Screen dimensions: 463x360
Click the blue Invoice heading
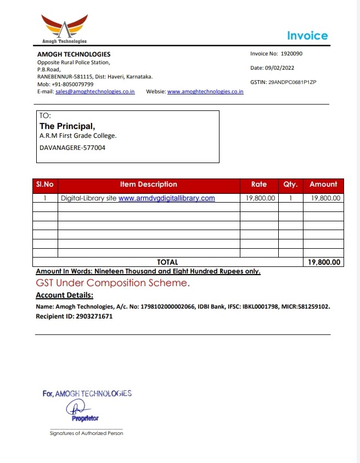pyautogui.click(x=307, y=36)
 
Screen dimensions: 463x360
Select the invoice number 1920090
pyautogui.click(x=291, y=54)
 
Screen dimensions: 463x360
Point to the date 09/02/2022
pyautogui.click(x=280, y=68)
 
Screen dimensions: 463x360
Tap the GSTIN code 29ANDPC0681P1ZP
pyautogui.click(x=292, y=82)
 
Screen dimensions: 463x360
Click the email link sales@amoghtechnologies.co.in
pyautogui.click(x=95, y=92)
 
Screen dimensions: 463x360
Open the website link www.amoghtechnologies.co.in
pyautogui.click(x=205, y=92)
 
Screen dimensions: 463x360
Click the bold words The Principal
pyautogui.click(x=71, y=126)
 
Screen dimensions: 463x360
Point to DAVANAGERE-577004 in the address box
pyautogui.click(x=72, y=148)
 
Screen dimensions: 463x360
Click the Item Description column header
pyautogui.click(x=149, y=185)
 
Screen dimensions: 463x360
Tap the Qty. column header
pyautogui.click(x=290, y=185)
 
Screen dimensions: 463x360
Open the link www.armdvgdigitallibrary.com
pyautogui.click(x=166, y=198)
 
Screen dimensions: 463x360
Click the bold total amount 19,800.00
pyautogui.click(x=324, y=263)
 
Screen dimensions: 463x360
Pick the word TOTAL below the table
pyautogui.click(x=167, y=263)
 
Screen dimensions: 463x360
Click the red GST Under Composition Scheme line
pyautogui.click(x=113, y=283)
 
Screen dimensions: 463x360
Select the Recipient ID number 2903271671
pyautogui.click(x=93, y=316)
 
